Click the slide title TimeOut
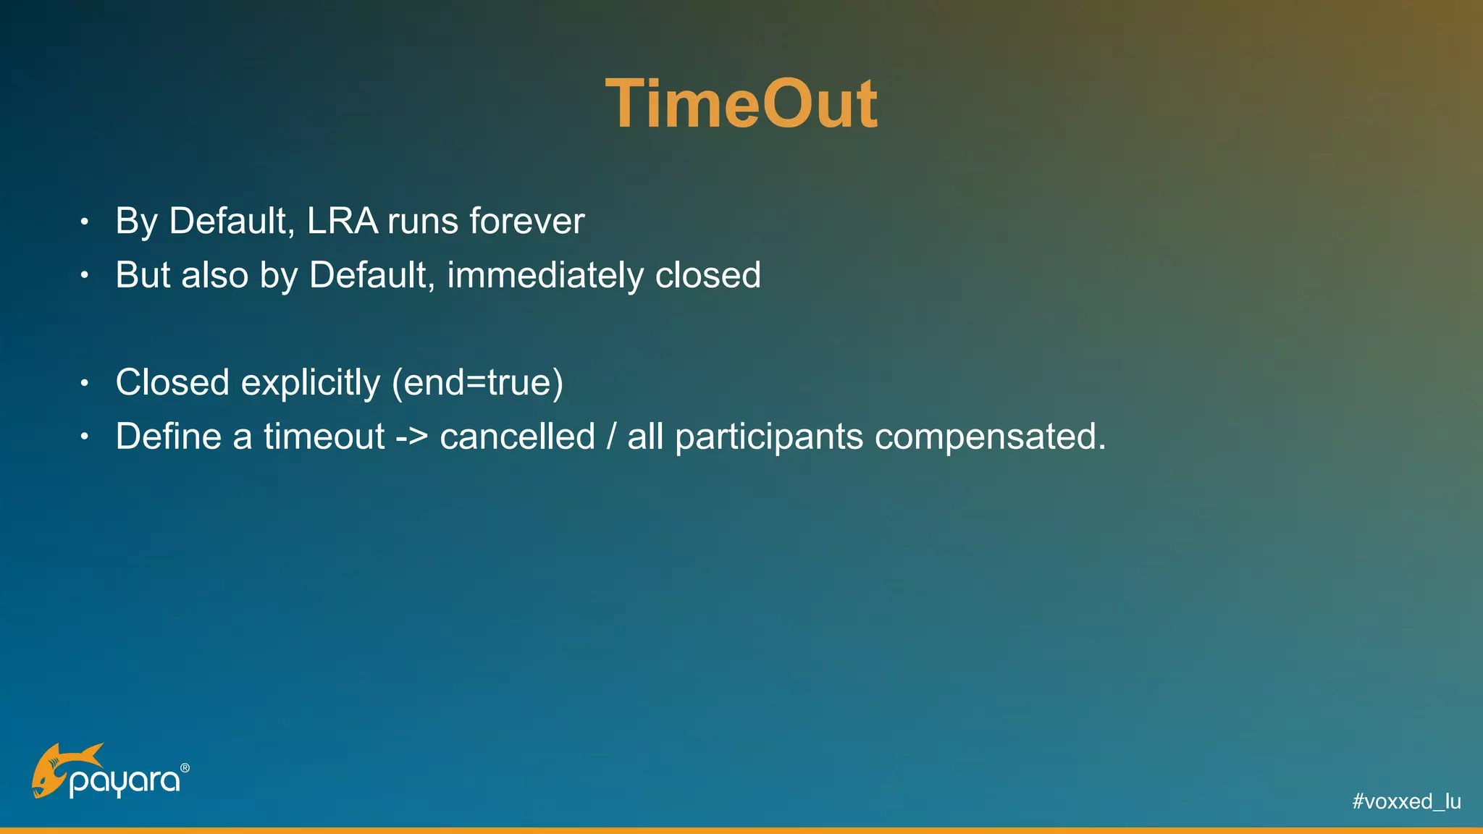741,105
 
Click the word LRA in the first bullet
342,221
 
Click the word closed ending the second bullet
707,276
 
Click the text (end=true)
477,383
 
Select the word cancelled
517,437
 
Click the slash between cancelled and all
612,437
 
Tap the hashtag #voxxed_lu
1406,801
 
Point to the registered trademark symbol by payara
185,767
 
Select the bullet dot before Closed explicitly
85,383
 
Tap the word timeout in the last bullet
324,437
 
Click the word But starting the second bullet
142,276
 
